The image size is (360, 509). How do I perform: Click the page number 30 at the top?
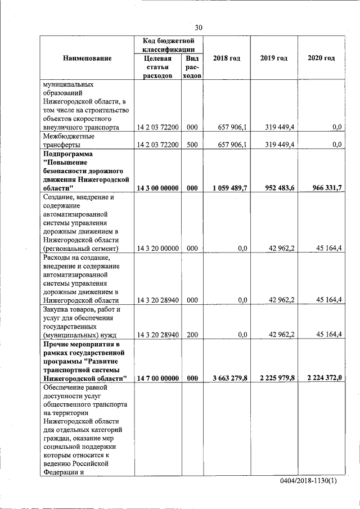click(x=198, y=28)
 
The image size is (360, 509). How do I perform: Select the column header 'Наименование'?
click(x=87, y=58)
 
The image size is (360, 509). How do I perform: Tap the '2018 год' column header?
click(x=226, y=58)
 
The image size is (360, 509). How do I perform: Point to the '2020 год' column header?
click(x=321, y=58)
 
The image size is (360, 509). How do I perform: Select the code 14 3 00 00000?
click(x=157, y=189)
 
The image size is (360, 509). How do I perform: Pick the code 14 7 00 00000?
click(x=157, y=379)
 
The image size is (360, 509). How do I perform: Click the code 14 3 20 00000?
click(x=157, y=248)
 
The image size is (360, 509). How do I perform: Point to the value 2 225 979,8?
click(x=276, y=379)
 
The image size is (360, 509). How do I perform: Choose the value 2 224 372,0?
click(x=322, y=379)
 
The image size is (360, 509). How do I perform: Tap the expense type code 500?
click(x=192, y=145)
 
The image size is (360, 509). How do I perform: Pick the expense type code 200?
click(x=192, y=335)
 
